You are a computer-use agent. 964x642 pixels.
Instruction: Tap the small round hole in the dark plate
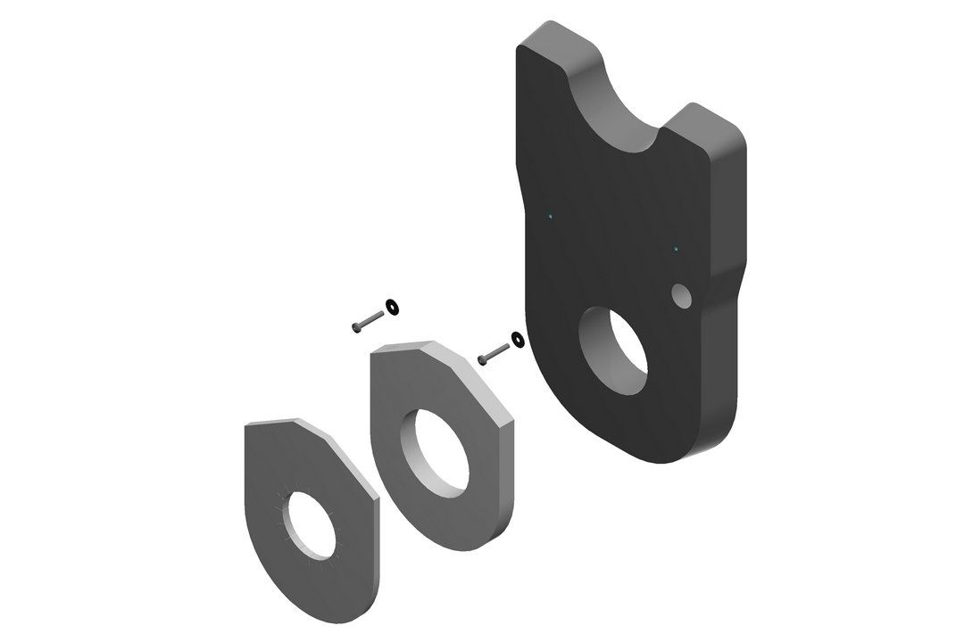681,295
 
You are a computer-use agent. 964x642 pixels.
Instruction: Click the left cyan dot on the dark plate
552,217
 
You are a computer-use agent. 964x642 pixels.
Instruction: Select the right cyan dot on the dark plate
676,248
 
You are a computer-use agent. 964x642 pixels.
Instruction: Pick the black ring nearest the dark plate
516,340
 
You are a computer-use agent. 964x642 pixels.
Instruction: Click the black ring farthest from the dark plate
391,308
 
